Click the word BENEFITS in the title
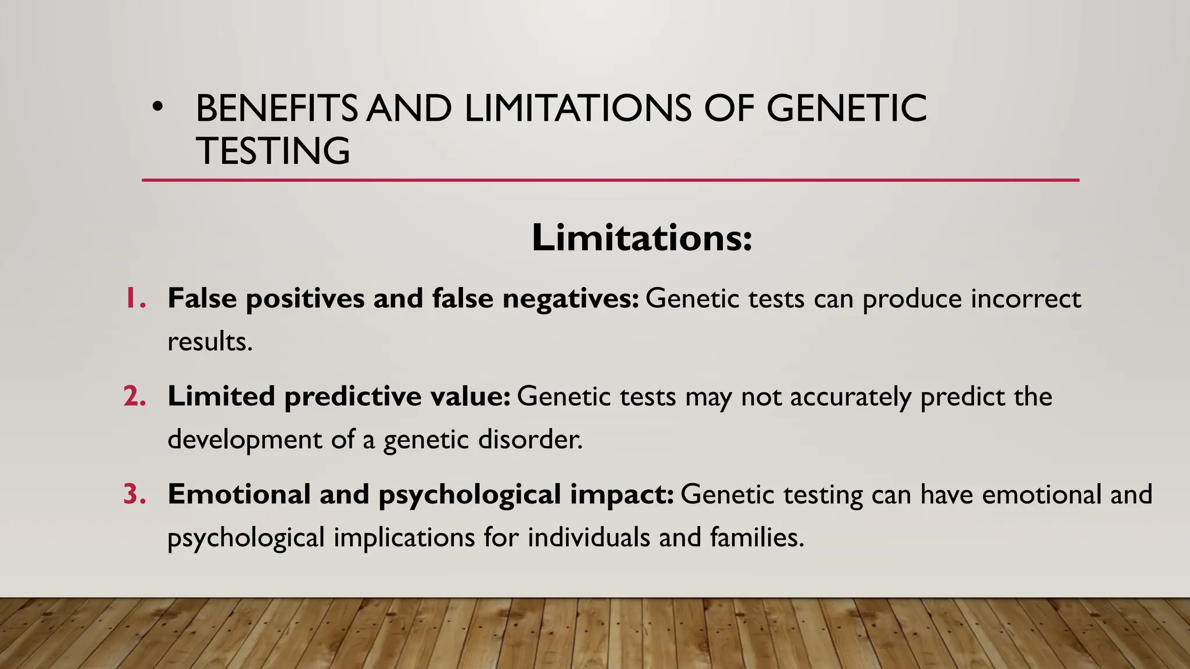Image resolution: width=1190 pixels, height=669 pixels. [277, 109]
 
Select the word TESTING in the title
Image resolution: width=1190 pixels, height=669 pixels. [273, 151]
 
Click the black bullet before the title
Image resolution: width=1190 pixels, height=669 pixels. [157, 108]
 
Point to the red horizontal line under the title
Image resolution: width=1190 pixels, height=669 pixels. [610, 181]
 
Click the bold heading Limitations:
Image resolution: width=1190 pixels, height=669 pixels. [641, 238]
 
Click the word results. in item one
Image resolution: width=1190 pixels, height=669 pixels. [210, 341]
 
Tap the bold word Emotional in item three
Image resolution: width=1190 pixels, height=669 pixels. [239, 495]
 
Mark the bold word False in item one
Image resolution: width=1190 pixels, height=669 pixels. [202, 298]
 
